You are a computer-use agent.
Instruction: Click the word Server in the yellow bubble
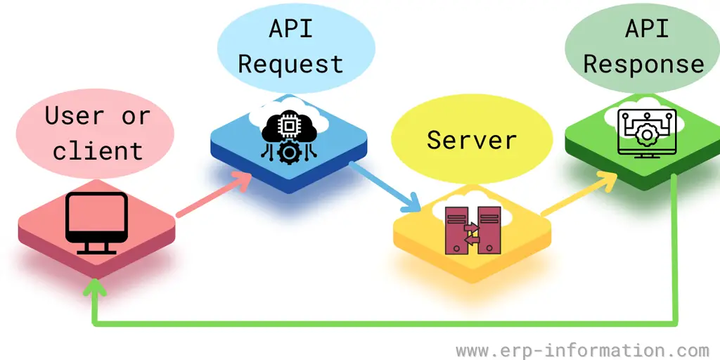472,139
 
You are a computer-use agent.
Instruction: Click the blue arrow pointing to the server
384,186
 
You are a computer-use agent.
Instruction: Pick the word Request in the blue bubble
290,64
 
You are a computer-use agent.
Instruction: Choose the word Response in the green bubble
643,64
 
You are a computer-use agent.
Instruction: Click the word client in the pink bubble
97,150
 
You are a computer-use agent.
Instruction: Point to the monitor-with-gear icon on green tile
645,133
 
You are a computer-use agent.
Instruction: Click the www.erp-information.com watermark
582,349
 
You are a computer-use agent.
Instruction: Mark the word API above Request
290,30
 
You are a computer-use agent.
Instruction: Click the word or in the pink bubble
136,115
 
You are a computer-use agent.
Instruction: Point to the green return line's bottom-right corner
676,324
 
